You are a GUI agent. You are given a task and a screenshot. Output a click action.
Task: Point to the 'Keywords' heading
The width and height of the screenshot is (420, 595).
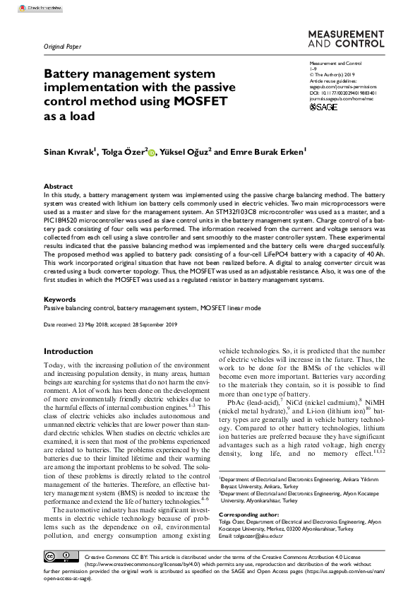tap(60, 299)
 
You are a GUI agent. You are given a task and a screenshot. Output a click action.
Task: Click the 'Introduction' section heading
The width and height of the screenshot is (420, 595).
tap(68, 351)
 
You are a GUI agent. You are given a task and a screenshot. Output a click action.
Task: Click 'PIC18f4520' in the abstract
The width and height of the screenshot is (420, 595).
tap(63, 220)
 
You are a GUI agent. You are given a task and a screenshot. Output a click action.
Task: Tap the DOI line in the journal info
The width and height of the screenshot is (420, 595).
tap(343, 90)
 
